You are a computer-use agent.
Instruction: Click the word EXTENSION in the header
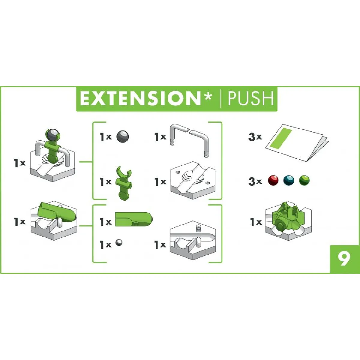point(140,99)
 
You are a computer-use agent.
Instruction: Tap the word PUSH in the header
point(251,99)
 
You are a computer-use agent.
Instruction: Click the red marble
point(273,180)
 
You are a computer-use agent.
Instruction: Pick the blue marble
point(289,180)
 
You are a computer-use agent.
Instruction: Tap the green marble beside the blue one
point(304,180)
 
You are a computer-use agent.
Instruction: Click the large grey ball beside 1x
point(123,137)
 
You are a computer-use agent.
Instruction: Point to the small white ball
point(119,243)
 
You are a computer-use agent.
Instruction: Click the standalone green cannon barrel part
point(134,219)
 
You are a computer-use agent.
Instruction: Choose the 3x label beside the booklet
point(255,137)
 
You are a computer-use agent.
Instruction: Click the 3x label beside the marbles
point(255,181)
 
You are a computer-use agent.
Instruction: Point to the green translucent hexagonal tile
point(288,221)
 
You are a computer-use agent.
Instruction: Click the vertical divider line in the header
point(220,99)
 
